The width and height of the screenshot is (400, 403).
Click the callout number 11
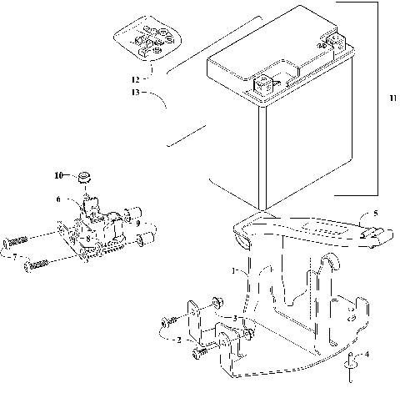tap(392, 99)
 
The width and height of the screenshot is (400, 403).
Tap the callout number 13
tap(135, 93)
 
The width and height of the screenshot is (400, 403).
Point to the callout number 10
tap(58, 176)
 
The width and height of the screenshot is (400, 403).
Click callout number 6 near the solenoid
tap(57, 199)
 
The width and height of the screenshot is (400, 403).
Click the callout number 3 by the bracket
tap(236, 318)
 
